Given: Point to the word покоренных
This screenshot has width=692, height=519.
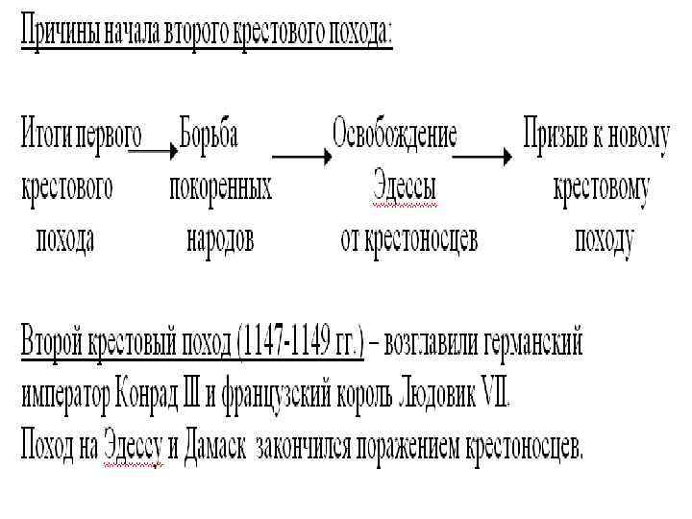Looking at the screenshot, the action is point(220,187).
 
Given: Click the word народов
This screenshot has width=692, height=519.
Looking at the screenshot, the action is point(220,238).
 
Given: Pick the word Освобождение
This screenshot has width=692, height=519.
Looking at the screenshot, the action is point(394,136).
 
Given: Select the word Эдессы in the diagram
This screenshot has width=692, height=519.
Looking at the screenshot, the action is point(405,187).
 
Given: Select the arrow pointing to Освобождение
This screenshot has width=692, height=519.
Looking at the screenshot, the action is point(299,153).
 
